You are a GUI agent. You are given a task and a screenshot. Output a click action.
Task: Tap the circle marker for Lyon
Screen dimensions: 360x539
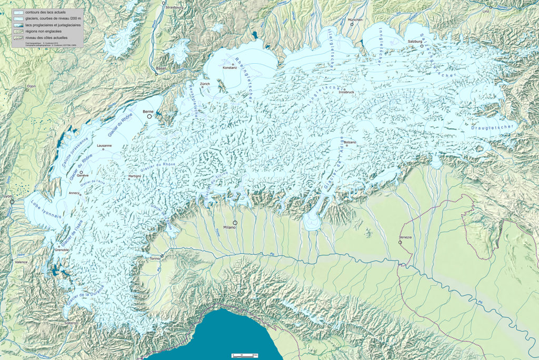click(x=12, y=201)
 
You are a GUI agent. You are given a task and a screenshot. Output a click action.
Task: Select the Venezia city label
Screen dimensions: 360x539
click(x=405, y=237)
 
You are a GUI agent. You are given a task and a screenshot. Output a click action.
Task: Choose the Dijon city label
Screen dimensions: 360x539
click(x=31, y=85)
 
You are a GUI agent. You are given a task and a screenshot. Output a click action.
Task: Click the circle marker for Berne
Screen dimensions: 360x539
click(x=149, y=117)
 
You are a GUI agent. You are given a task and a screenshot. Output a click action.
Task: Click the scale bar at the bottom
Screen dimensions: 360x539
click(x=244, y=356)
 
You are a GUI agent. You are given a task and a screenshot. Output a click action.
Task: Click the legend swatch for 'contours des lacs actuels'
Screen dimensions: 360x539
click(x=19, y=12)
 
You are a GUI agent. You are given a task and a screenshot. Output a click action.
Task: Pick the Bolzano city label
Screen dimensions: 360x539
click(x=350, y=142)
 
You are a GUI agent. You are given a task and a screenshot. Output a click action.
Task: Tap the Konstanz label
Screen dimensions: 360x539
click(x=230, y=67)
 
